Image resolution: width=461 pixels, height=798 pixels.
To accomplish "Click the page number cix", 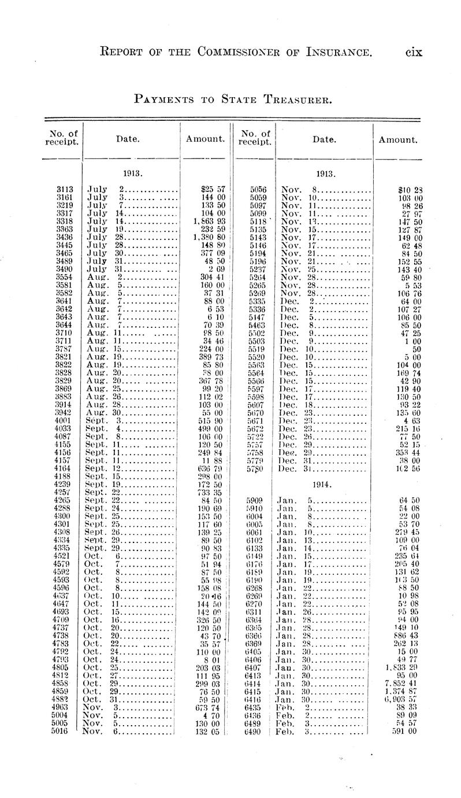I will point(414,53).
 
